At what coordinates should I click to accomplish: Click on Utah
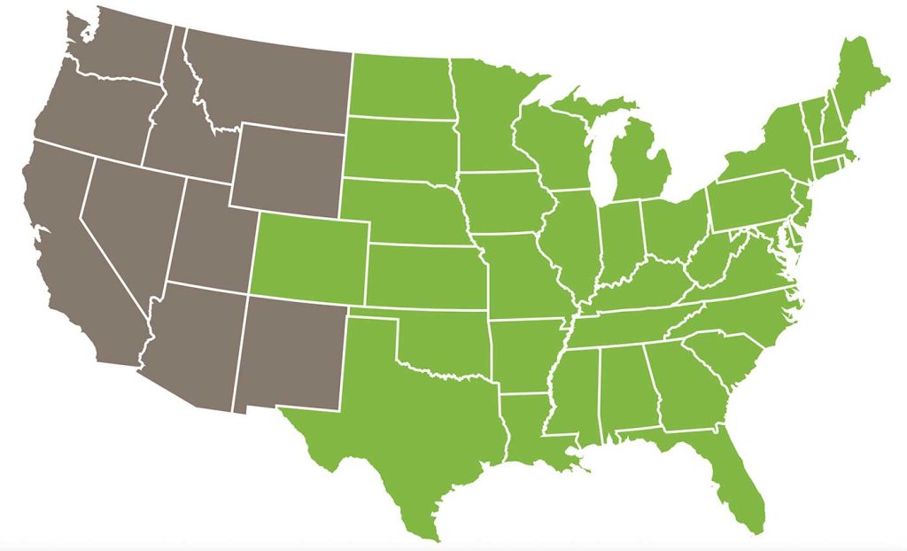coord(208,235)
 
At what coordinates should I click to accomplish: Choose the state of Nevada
coord(133,221)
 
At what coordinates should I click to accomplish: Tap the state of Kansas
coord(425,275)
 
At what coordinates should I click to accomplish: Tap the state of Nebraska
coord(403,213)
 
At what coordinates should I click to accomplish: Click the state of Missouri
coord(523,275)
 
